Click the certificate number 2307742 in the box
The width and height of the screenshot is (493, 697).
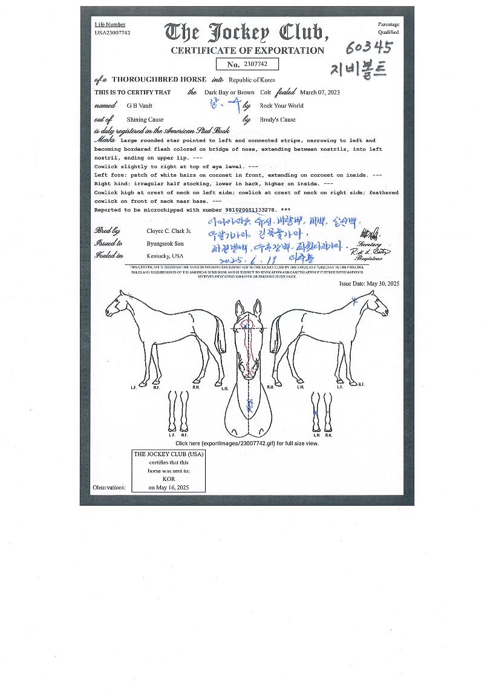tap(260, 64)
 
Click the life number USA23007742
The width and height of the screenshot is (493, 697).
tap(113, 33)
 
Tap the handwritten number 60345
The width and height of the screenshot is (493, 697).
tap(369, 48)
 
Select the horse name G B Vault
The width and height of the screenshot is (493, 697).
tap(139, 106)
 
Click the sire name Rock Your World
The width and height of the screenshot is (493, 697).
tap(281, 106)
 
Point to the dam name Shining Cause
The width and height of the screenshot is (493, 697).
tap(145, 120)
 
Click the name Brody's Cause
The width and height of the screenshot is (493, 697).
tap(278, 120)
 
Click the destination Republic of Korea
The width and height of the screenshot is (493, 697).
tap(252, 80)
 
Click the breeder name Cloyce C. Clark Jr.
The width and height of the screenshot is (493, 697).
tap(169, 231)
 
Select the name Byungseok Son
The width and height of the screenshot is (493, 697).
tap(165, 244)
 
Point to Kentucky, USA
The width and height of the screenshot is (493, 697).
tap(165, 256)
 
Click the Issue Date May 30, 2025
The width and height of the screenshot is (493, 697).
tap(369, 284)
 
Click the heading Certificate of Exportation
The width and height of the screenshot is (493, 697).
tap(247, 51)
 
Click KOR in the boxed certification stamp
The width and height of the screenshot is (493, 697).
tap(168, 479)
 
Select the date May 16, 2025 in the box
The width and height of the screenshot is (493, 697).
tap(169, 487)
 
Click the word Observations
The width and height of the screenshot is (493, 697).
tap(109, 487)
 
